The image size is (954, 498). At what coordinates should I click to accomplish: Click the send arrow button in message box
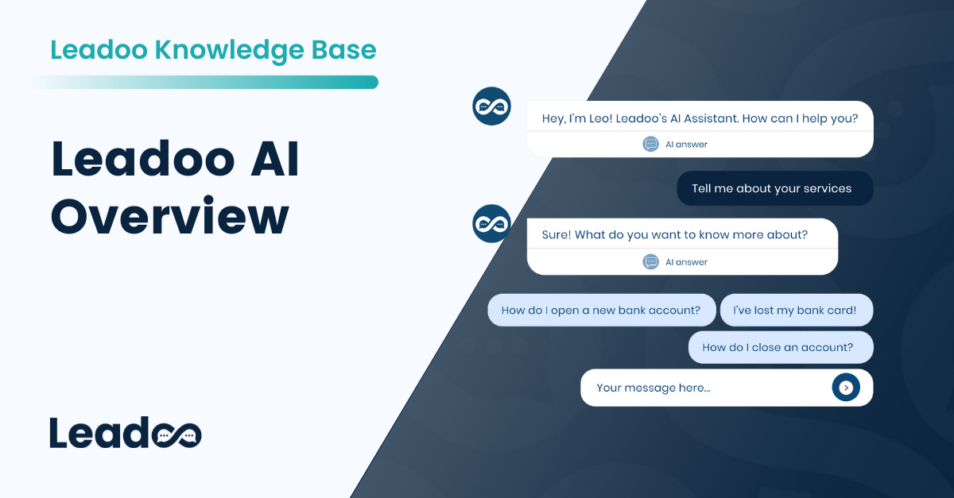846,388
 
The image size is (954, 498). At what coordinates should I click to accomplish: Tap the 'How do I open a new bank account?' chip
601,310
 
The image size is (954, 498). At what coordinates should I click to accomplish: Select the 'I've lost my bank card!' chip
796,310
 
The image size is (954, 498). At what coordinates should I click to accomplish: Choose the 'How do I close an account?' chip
779,347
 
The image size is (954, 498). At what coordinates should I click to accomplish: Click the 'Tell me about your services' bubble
773,188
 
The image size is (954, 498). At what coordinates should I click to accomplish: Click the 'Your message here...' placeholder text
653,388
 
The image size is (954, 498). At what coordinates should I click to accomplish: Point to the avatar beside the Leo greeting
491,106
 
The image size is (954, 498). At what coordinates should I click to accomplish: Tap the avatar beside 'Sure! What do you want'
491,223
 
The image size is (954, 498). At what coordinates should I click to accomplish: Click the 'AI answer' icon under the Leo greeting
650,144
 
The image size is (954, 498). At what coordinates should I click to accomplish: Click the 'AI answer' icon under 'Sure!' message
650,261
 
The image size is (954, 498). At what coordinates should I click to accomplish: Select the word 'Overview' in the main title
170,216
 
